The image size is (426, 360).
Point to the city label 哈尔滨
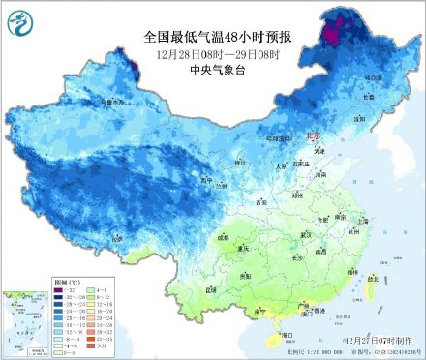[373, 76]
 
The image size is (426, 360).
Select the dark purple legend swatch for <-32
[59, 288]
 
